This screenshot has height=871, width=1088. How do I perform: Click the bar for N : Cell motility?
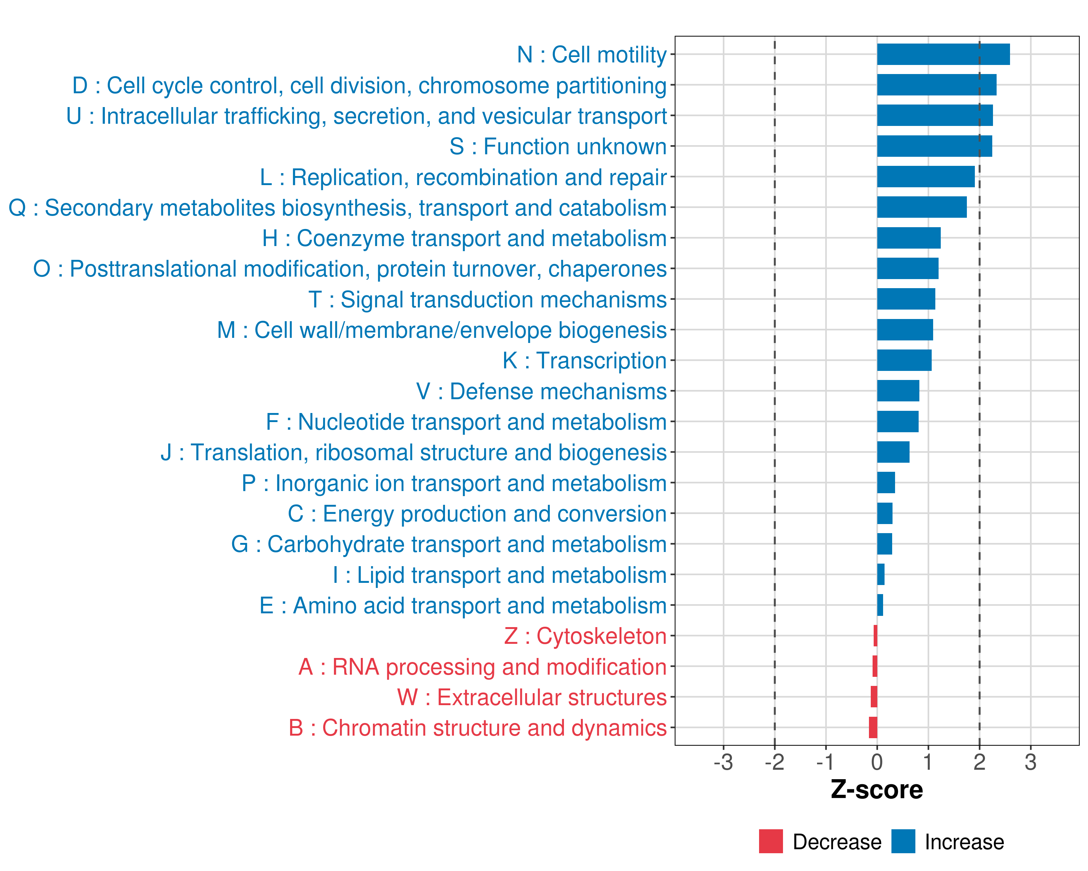pos(943,54)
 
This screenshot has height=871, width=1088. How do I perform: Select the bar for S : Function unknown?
pos(934,146)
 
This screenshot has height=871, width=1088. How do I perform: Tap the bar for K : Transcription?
pos(904,360)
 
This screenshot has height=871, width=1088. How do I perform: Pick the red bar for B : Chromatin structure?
pos(873,728)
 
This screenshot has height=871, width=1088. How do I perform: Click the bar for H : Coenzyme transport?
pos(908,238)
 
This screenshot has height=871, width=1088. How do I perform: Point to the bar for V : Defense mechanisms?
pos(898,391)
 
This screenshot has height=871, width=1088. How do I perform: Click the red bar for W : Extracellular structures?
pos(874,697)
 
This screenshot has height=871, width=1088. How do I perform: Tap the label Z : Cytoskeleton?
pos(585,636)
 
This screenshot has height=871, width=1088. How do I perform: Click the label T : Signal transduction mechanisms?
pos(487,299)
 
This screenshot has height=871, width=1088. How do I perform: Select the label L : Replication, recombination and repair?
pos(463,177)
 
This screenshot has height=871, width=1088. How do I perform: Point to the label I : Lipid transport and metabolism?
pos(500,575)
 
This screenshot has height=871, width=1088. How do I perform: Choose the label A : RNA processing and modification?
pos(482,667)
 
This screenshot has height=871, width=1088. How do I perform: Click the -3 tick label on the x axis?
pos(723,762)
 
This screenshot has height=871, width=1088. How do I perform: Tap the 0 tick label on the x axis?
pos(877,762)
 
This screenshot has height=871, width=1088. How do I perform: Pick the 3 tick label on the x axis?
pos(1030,762)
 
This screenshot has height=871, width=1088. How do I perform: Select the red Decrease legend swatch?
pos(771,841)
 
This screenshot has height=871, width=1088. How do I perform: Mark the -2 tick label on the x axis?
pos(774,762)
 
